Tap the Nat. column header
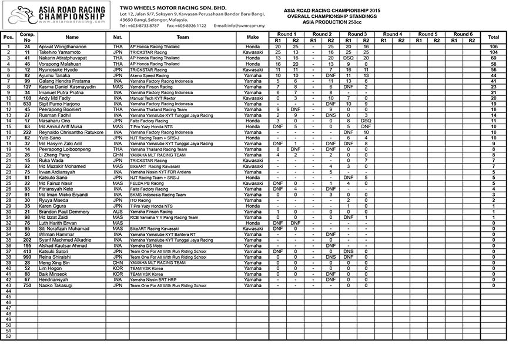click(118, 37)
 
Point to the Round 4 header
click(392, 34)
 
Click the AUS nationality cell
click(118, 211)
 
